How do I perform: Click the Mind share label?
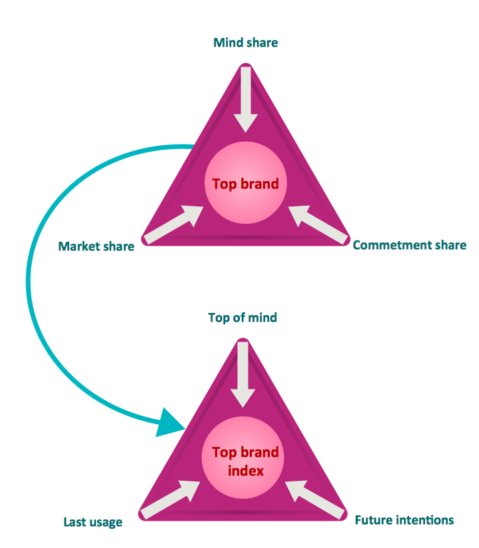(245, 43)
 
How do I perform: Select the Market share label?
(96, 246)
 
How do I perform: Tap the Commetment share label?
(409, 245)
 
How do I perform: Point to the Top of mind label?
(242, 318)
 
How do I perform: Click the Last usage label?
(93, 522)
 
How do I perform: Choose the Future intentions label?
(404, 519)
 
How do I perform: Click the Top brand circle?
(245, 184)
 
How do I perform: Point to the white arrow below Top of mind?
(242, 373)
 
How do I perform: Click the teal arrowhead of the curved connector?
(171, 422)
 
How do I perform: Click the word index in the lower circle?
(245, 471)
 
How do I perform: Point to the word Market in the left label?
(79, 246)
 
